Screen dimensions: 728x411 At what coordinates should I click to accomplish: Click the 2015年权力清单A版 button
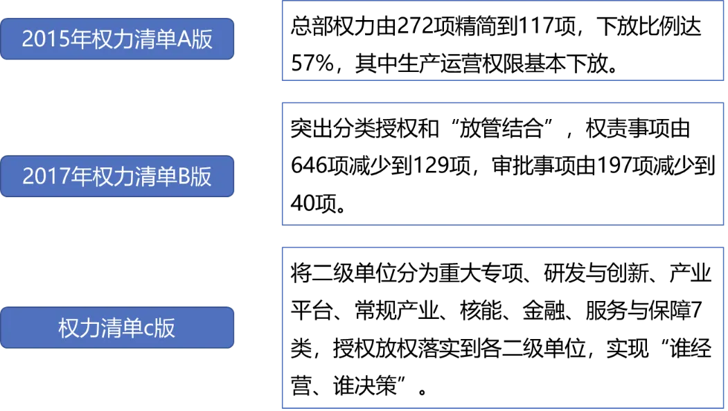tap(117, 39)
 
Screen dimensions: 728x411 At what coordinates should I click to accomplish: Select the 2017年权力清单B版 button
tap(117, 176)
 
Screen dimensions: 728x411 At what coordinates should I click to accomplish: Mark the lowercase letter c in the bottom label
tap(148, 328)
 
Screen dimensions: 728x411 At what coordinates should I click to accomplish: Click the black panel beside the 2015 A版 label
tap(501, 42)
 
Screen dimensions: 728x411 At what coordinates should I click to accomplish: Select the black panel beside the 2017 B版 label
tap(501, 163)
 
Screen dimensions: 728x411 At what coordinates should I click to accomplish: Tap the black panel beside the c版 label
tap(501, 326)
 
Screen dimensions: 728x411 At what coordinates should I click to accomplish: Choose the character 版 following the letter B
tap(202, 177)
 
